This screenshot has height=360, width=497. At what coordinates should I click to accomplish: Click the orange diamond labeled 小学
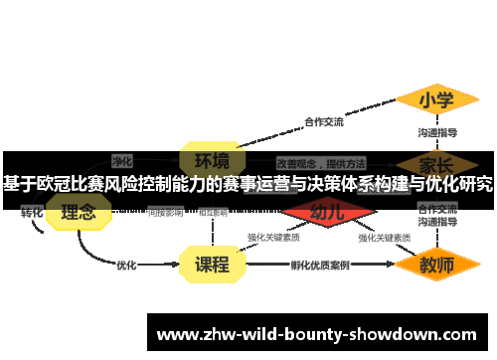click(x=436, y=100)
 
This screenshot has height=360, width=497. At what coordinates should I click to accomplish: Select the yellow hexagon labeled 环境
click(x=212, y=160)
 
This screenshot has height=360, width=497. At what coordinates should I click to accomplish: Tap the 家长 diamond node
click(x=436, y=163)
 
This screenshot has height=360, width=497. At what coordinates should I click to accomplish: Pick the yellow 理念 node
click(x=79, y=212)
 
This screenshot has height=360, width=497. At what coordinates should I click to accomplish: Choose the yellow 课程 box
click(x=212, y=265)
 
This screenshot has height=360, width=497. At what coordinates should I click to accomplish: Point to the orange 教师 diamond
click(x=436, y=265)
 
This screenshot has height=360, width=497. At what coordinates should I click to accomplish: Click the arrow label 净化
click(x=122, y=160)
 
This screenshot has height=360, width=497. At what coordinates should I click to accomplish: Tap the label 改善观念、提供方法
click(x=321, y=162)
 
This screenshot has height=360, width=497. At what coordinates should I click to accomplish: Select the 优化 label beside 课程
click(x=126, y=266)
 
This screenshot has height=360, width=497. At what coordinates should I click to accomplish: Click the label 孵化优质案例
click(x=319, y=266)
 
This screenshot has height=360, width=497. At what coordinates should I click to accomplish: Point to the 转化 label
click(x=32, y=213)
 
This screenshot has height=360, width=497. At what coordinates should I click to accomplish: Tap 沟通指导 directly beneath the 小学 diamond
click(x=437, y=132)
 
